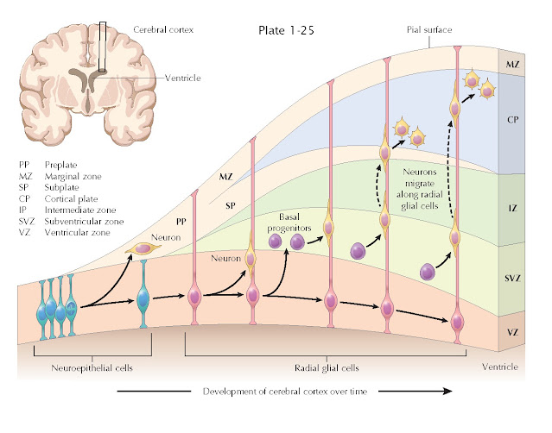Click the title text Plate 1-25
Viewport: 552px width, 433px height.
click(x=287, y=30)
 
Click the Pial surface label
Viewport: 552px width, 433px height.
click(x=430, y=29)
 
